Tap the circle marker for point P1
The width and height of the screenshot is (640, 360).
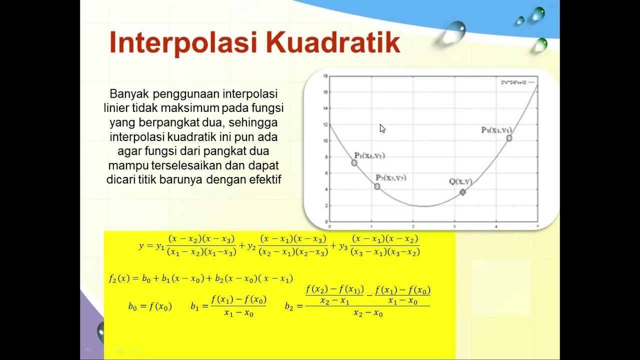click(354, 162)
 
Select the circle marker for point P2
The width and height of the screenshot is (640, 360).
click(377, 186)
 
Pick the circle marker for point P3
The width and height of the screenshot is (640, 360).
click(509, 138)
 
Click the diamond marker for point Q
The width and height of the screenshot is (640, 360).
click(463, 192)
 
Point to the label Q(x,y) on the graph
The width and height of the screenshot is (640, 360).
click(460, 181)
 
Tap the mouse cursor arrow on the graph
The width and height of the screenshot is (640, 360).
click(382, 128)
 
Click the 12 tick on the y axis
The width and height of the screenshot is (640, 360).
click(325, 124)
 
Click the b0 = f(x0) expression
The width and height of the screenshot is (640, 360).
click(149, 306)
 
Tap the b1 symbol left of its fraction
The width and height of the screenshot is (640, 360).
click(194, 306)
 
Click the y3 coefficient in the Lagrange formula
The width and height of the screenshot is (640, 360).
click(343, 246)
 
